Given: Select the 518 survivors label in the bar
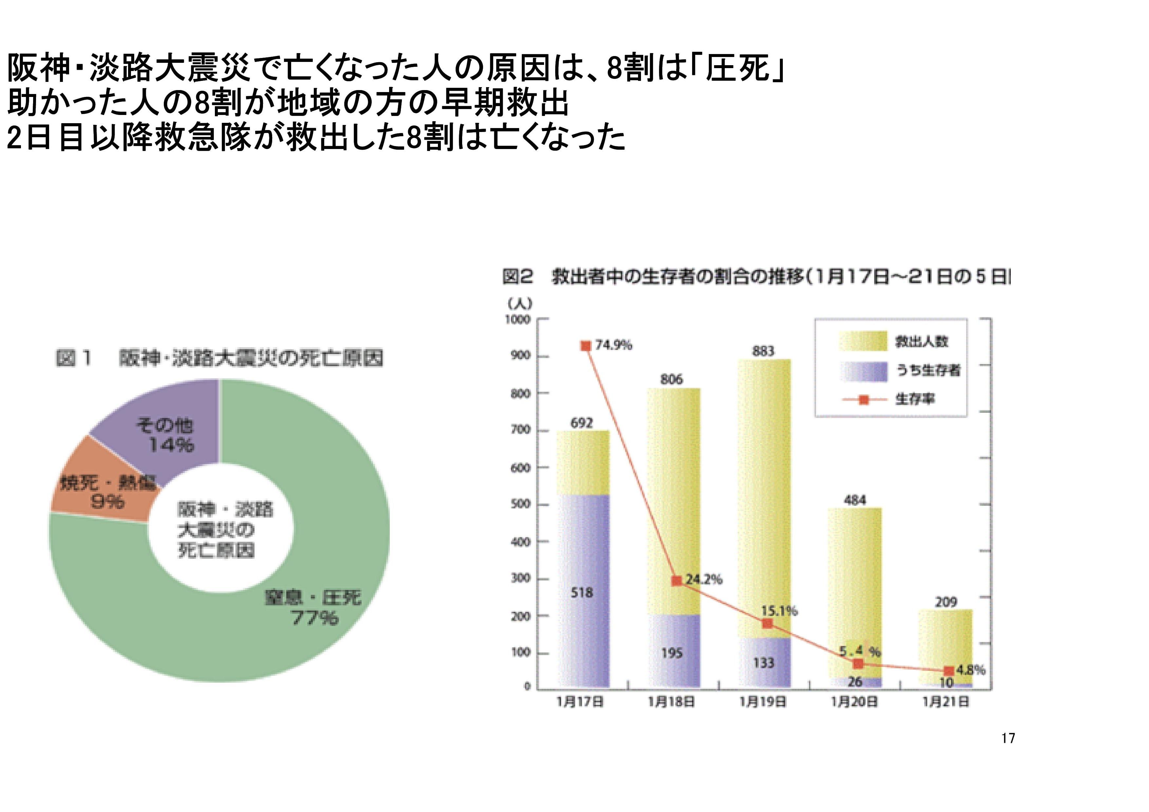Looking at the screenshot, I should point(581,593).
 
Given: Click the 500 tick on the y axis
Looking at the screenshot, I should point(520,504).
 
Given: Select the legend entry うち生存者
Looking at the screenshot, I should point(927,370).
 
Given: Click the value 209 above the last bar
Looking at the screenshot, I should point(946,602).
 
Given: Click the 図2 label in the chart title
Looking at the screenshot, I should point(518,276).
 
